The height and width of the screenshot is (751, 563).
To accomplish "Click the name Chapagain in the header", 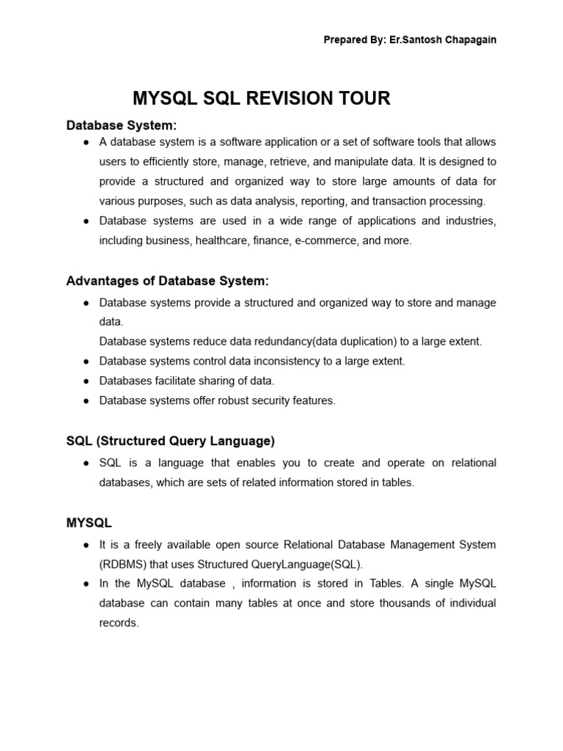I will click(468, 40).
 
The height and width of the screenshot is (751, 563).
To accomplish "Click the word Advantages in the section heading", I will click(100, 281).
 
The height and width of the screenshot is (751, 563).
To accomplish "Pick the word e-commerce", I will click(323, 241).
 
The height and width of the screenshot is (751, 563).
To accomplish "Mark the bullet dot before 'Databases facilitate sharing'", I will click(87, 381).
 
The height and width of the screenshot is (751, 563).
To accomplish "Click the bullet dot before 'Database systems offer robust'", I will click(87, 401).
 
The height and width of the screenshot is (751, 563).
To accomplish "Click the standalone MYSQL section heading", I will click(89, 523).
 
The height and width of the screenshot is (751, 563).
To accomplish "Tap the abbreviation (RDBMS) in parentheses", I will click(123, 564).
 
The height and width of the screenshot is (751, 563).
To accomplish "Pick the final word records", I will click(118, 623).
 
